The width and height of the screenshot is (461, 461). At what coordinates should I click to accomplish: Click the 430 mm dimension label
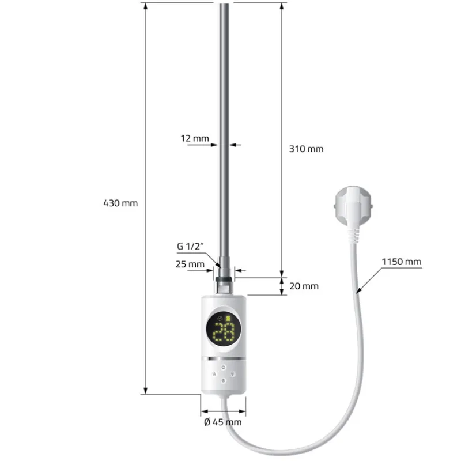tap(120, 203)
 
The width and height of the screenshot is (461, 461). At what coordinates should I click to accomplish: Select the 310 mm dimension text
tap(306, 149)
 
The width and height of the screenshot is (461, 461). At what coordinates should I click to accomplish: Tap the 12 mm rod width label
tap(194, 138)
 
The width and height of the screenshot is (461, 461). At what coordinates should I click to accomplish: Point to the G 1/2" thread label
tap(191, 247)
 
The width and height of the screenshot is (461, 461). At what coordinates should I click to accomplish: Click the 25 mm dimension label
tap(190, 264)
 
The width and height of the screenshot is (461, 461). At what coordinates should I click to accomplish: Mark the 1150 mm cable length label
tap(401, 262)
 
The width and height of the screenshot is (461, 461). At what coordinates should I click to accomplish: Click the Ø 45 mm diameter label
tap(223, 422)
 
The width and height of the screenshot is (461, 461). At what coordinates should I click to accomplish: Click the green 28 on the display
tap(224, 332)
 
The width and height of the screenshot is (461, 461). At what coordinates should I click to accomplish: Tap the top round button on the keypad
tap(224, 365)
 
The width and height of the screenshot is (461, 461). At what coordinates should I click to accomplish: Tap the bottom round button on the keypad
tap(224, 381)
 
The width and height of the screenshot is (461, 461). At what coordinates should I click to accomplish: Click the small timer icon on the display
tap(219, 318)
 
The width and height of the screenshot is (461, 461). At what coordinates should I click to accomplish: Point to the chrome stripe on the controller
tap(224, 358)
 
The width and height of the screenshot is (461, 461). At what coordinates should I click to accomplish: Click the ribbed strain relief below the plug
tap(356, 232)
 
